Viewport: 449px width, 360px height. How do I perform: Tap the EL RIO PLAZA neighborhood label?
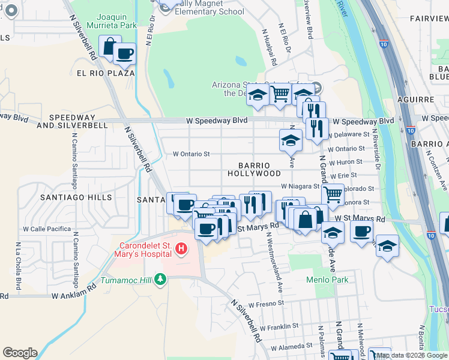point(105,73)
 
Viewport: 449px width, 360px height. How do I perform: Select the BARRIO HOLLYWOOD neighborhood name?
point(254,169)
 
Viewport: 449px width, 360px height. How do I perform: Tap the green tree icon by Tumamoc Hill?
point(160,279)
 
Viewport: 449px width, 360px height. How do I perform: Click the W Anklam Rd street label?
point(74,295)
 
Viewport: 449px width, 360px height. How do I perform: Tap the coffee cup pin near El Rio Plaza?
point(125,54)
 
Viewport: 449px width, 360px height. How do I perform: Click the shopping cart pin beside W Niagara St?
point(333,194)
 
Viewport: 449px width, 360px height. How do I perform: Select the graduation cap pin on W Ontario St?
point(291,140)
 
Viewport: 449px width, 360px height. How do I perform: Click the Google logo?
point(20,353)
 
